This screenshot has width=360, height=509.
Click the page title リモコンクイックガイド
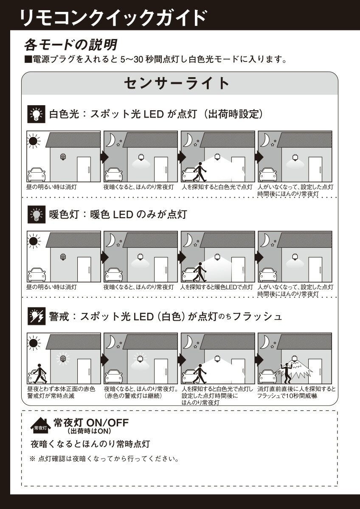(113, 18)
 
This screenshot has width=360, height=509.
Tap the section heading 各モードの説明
(71, 45)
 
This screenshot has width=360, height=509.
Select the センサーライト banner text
(177, 83)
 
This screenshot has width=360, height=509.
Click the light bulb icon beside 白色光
(37, 114)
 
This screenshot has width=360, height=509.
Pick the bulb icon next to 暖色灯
(37, 215)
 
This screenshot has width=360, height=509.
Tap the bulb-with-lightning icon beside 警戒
(37, 316)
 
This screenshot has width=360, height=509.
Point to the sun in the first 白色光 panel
(34, 141)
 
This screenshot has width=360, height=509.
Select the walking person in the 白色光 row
(200, 171)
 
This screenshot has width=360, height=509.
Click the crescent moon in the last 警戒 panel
(265, 342)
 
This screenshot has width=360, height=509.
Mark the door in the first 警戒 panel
(84, 372)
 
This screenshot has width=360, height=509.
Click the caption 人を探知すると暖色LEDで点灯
(217, 287)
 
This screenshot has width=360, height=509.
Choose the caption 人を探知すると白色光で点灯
(217, 187)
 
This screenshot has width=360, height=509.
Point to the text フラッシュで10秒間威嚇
(287, 396)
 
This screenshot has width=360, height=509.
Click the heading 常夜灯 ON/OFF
(91, 423)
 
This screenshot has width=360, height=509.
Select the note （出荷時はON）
(89, 431)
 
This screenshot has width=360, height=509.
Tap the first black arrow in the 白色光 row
(104, 157)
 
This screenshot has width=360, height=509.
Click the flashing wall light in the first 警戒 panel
(63, 358)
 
